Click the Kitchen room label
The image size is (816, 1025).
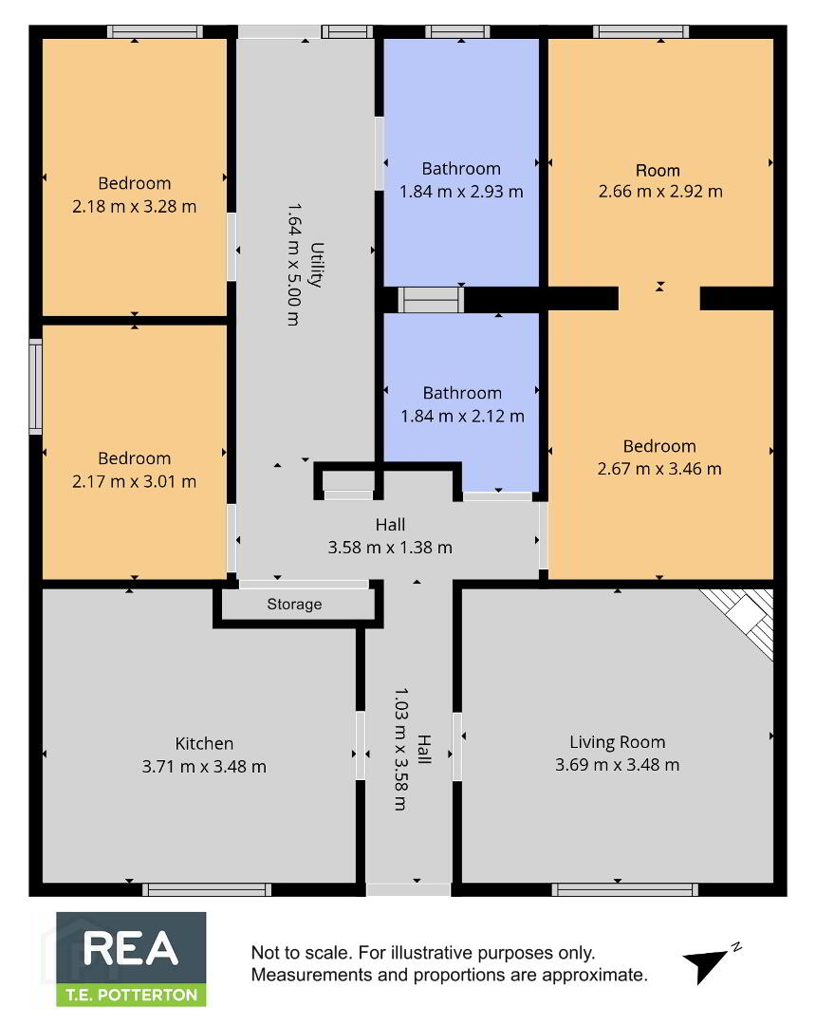204,743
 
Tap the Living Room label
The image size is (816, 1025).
618,742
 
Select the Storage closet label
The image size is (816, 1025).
294,604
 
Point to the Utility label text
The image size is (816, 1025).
317,265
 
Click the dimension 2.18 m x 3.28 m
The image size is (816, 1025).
134,207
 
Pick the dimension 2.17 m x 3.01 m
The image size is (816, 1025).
134,482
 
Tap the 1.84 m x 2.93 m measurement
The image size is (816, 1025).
461,192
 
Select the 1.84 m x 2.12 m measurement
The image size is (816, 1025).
462,416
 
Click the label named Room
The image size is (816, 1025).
658,171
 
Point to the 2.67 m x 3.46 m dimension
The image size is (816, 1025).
659,469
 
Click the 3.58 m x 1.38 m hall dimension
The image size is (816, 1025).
390,548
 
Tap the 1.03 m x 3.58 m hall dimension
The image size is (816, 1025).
400,749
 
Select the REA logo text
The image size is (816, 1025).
131,948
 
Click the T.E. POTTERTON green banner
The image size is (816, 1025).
131,995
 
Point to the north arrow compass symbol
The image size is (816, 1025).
708,963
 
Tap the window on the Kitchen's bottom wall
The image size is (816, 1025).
207,889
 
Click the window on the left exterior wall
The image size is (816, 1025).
35,386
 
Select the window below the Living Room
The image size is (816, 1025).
625,889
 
